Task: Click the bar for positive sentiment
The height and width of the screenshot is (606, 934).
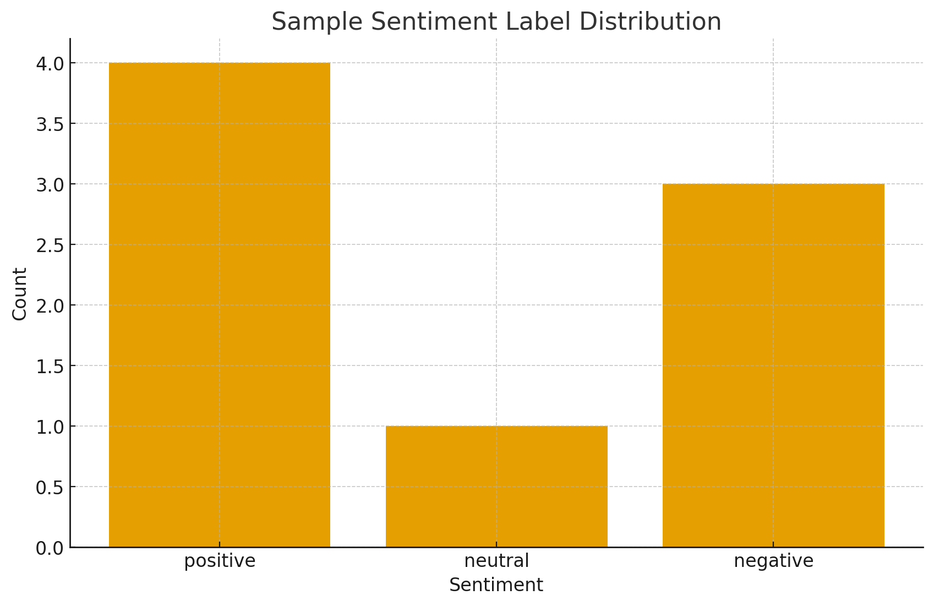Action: point(220,304)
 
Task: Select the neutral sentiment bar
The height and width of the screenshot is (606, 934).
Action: point(496,486)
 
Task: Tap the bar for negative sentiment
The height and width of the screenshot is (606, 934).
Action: point(773,365)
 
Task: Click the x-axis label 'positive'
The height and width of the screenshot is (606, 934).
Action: point(220,561)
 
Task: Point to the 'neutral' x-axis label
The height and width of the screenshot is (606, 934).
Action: point(496,561)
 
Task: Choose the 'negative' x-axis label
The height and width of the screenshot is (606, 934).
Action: point(773,561)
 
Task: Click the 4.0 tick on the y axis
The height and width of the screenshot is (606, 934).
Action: point(50,63)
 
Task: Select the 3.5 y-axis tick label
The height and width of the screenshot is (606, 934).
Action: point(50,124)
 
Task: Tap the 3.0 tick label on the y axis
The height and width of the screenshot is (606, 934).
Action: point(50,184)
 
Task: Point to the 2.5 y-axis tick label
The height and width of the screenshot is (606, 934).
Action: point(50,245)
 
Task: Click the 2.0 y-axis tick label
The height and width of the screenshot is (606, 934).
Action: point(50,305)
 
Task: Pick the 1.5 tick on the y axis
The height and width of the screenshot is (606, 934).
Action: point(50,366)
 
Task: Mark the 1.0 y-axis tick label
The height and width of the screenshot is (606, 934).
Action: point(50,427)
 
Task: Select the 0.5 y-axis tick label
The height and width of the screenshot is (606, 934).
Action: point(50,487)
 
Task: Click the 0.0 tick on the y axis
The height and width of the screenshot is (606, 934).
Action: point(50,548)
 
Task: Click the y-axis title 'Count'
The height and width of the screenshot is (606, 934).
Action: point(20,293)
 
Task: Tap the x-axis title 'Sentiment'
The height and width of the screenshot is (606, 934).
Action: point(496,585)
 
